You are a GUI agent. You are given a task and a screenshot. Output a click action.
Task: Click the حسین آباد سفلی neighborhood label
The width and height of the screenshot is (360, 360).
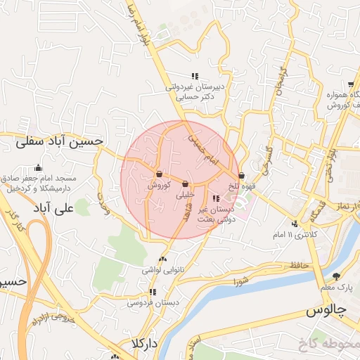[60, 141]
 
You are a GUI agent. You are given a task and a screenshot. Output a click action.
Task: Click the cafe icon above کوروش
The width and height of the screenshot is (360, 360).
[160, 174]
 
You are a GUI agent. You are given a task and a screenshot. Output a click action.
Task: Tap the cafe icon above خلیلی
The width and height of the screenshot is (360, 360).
[185, 184]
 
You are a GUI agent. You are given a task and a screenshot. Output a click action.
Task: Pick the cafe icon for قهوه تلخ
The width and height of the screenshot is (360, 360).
[242, 176]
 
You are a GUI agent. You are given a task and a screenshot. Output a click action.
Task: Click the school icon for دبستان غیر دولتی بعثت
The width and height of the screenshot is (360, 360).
[215, 198]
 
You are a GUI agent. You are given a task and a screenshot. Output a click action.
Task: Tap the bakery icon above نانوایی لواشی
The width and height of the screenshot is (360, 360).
[164, 259]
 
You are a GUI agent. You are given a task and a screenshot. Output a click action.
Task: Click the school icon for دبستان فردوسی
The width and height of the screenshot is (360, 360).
[152, 292]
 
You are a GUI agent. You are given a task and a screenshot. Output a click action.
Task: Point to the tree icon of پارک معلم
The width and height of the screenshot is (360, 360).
[335, 276]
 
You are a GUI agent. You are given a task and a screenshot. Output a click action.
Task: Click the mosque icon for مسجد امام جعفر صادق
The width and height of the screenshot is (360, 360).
[38, 168]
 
